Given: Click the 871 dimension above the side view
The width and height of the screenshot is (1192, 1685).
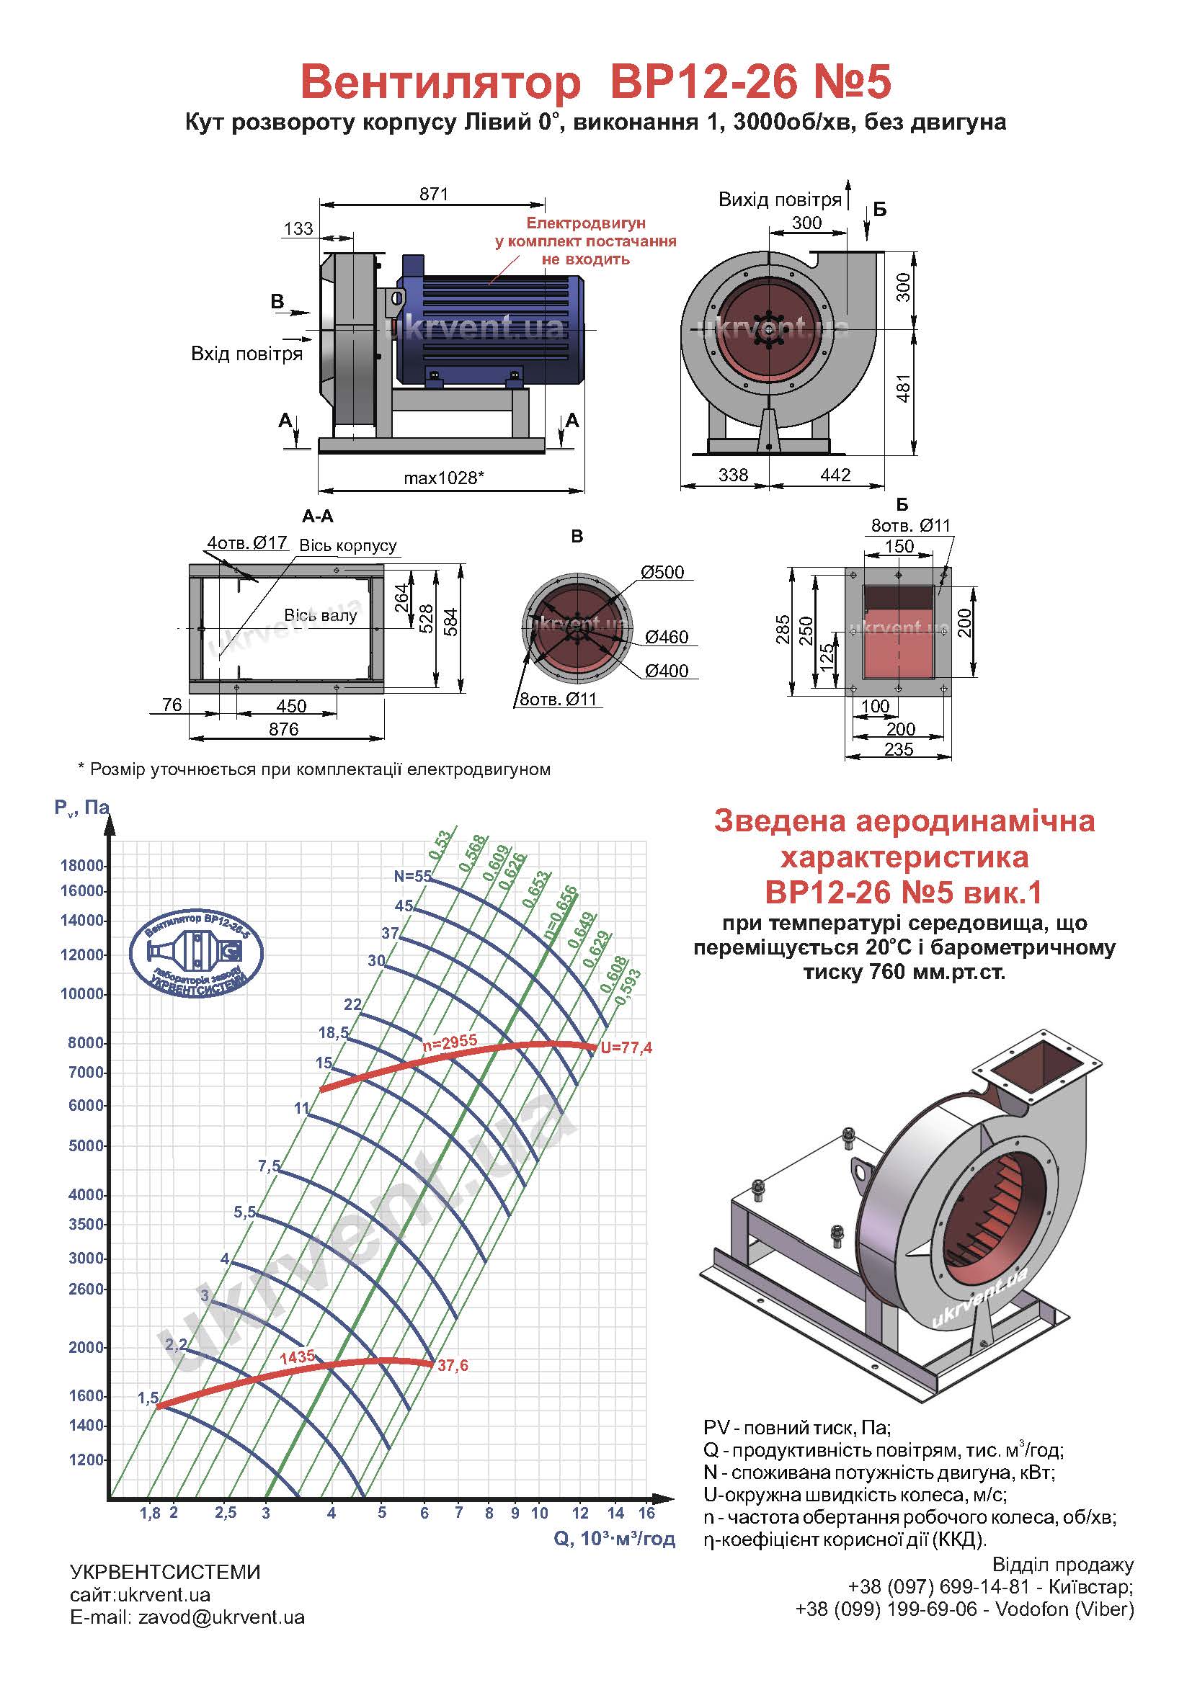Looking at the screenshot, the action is tap(433, 195).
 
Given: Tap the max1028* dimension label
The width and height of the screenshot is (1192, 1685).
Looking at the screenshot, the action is tap(443, 478).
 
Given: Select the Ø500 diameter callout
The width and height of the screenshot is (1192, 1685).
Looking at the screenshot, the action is tap(662, 573).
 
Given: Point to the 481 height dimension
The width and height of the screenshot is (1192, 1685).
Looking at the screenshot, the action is tap(904, 388).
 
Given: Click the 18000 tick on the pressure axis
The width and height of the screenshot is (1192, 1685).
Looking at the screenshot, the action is tap(81, 865).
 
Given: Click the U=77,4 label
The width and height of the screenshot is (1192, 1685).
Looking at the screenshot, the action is tap(626, 1048).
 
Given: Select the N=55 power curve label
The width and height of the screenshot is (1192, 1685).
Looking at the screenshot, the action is tap(412, 875).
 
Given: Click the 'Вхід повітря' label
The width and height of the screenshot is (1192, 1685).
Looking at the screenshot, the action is tap(246, 354).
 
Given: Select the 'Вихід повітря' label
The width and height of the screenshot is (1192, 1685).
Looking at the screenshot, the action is tap(780, 200).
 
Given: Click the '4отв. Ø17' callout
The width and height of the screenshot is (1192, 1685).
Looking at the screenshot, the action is tap(247, 543).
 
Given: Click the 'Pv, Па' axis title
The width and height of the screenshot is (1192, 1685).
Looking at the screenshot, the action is tap(81, 808).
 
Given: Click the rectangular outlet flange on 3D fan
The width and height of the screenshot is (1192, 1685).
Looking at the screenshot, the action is tap(1038, 1072).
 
